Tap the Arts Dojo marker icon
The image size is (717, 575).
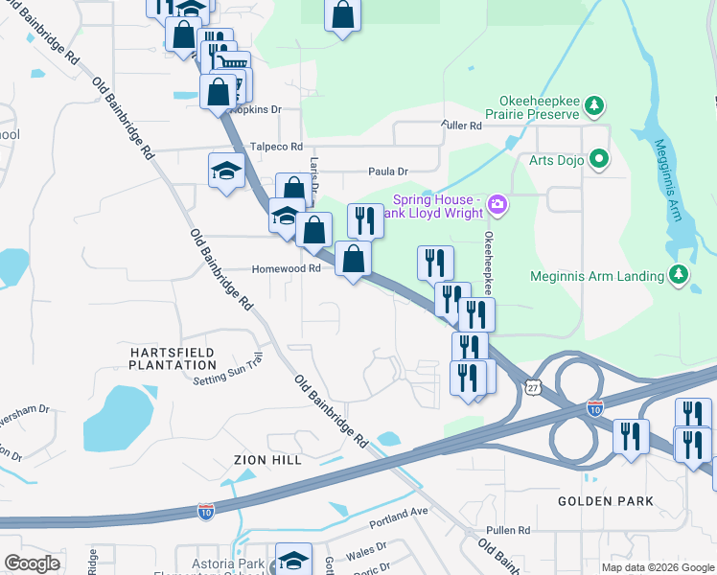600,158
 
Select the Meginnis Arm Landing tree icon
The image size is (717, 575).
679,275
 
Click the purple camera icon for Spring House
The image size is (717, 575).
497,203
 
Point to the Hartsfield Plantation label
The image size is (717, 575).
173,358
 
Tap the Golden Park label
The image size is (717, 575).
607,501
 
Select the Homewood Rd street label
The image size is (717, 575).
286,270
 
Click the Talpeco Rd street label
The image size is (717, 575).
276,147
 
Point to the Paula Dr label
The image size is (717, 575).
388,172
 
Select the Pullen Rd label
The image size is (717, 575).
509,530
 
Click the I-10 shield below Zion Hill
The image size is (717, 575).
205,512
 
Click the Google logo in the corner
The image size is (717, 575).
32,563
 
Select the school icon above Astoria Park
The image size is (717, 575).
293,561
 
